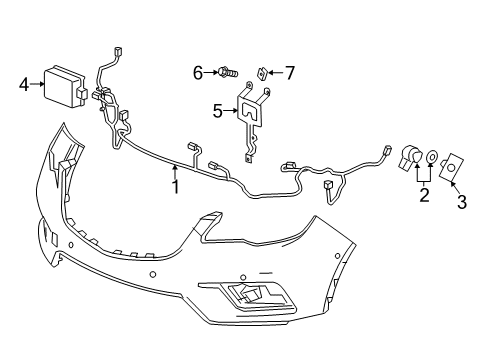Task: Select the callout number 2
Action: [x=424, y=194]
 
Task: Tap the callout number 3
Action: [x=462, y=202]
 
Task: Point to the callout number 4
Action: [x=24, y=85]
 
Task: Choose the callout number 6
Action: [x=198, y=71]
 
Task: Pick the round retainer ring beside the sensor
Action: [x=432, y=157]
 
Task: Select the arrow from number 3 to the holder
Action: [x=457, y=186]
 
